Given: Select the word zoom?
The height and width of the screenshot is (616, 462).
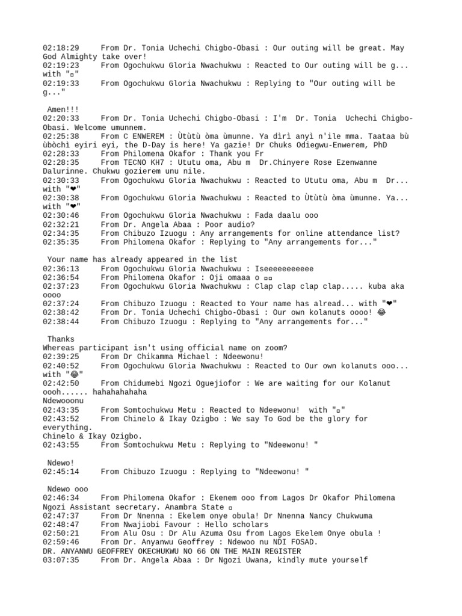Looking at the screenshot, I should pos(275,348).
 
